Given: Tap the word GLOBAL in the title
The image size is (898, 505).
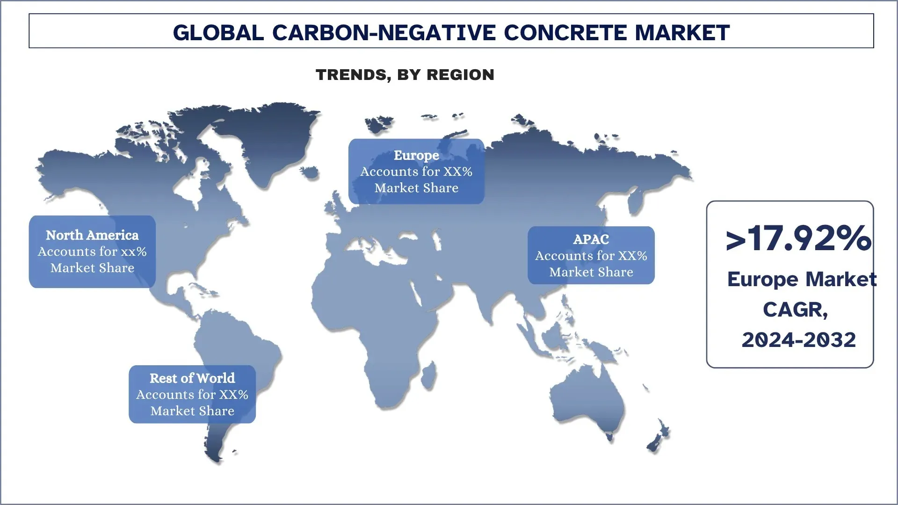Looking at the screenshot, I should point(218,33).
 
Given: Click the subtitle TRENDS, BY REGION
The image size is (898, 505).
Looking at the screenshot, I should point(405,75).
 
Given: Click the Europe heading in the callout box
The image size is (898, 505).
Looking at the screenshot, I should point(416,155).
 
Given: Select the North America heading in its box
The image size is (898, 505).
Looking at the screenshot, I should point(92,235).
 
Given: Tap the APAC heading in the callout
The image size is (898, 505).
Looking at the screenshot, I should point(591,239).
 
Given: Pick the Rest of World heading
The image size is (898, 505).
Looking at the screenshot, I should point(192,378).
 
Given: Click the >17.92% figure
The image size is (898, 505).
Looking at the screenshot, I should point(798,238).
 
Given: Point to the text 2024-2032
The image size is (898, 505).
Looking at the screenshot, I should point(798,340).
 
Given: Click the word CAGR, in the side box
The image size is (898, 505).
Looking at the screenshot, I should point(795,310).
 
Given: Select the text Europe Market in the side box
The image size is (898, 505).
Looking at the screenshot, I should point(801,280).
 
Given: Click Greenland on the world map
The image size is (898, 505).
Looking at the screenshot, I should point(262,140).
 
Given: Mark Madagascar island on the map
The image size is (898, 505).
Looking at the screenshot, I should point(428,377).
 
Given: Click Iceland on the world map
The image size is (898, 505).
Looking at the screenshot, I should point(309,172).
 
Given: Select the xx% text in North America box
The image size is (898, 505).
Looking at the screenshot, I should point(134,252).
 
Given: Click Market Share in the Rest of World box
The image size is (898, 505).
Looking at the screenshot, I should point(192,411).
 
